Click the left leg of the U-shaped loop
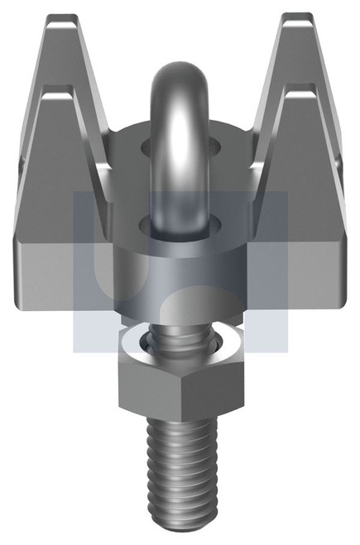click(x=156, y=149)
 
